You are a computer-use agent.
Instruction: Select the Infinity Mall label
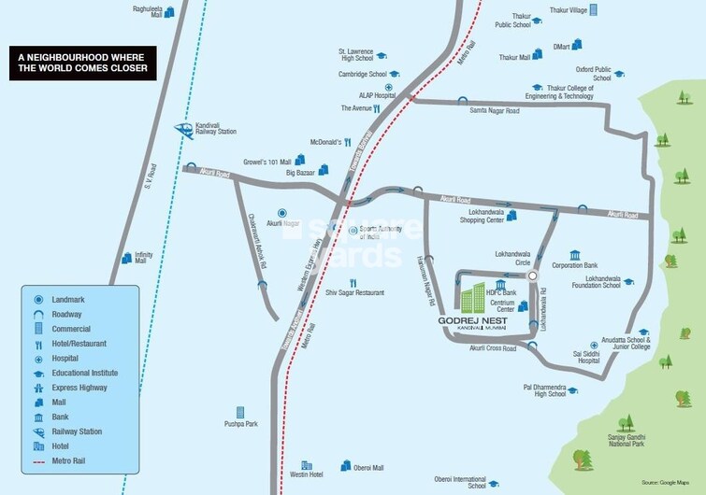pos(143,257)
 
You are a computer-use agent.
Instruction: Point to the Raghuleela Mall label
pos(148,10)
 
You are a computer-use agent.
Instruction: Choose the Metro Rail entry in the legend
pos(78,462)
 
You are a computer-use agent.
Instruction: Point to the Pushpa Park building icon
pos(240,412)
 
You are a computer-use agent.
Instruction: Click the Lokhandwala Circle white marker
pos(532,276)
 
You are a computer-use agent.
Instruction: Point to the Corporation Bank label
pos(574,266)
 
